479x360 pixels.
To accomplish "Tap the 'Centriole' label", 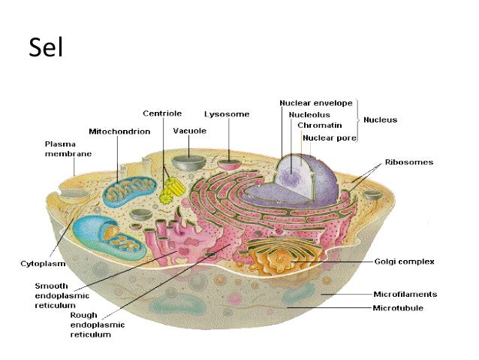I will (162, 113).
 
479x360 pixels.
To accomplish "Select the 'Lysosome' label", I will (227, 114).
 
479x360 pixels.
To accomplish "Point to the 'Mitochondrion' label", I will (119, 131).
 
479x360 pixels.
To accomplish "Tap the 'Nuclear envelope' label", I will (315, 102).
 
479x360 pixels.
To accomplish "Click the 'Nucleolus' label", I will (307, 114).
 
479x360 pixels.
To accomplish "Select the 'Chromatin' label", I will (319, 126).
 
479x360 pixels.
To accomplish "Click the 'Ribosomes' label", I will (408, 162).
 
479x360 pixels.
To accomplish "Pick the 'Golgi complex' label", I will (404, 262).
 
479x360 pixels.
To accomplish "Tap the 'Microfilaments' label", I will (405, 295).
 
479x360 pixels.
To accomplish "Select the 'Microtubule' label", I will (398, 307).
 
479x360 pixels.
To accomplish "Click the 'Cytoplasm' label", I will (42, 264).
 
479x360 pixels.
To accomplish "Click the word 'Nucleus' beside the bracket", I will (380, 119).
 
